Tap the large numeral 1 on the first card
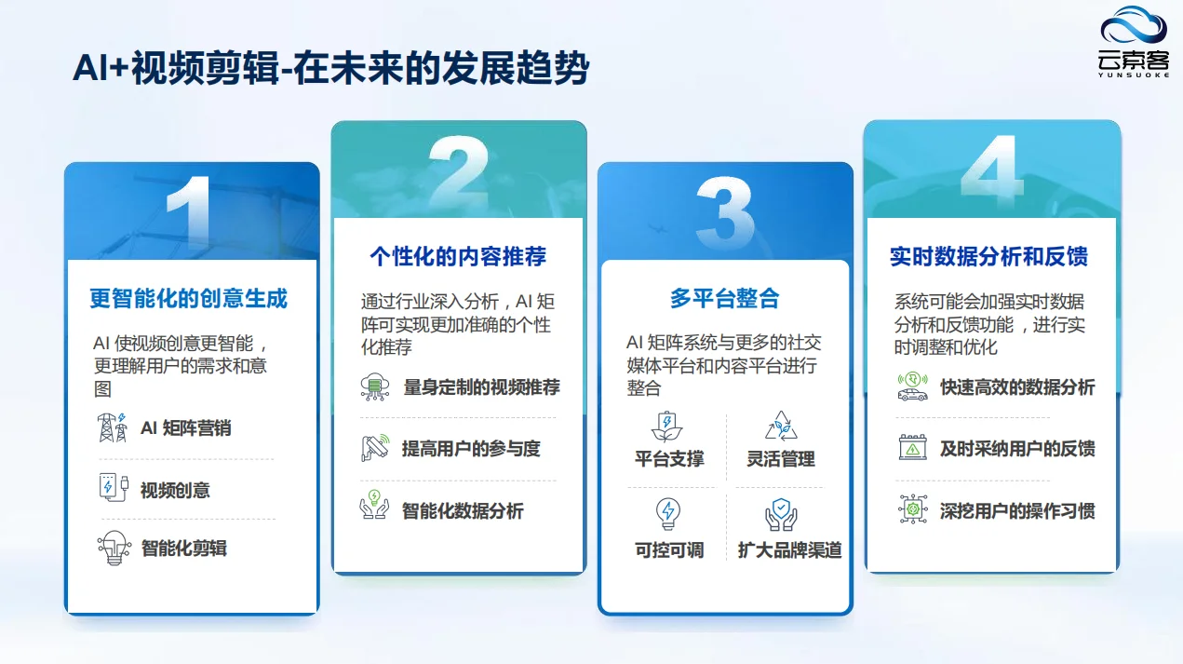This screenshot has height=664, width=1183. click(x=190, y=215)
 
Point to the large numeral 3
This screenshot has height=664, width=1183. click(x=724, y=213)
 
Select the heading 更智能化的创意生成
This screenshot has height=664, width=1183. click(x=189, y=299)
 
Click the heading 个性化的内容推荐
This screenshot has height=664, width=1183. click(x=458, y=256)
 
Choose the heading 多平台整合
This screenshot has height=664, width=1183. click(x=724, y=299)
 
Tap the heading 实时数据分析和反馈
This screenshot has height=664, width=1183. click(x=988, y=257)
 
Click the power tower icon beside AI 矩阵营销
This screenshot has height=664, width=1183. click(x=113, y=427)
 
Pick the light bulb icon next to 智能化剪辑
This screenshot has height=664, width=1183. click(x=114, y=547)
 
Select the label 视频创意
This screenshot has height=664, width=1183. click(x=175, y=490)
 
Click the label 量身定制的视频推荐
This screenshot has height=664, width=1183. click(x=481, y=386)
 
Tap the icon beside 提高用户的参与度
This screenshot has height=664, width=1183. click(x=374, y=448)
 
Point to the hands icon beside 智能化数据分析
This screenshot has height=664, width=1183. click(x=374, y=508)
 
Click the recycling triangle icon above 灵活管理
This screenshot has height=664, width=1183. click(x=780, y=426)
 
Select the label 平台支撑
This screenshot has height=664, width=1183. click(x=669, y=458)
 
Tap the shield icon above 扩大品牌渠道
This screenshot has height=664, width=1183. click(x=780, y=513)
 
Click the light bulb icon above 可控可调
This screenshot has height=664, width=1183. click(x=668, y=513)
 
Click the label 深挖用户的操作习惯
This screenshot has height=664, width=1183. click(x=1016, y=510)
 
